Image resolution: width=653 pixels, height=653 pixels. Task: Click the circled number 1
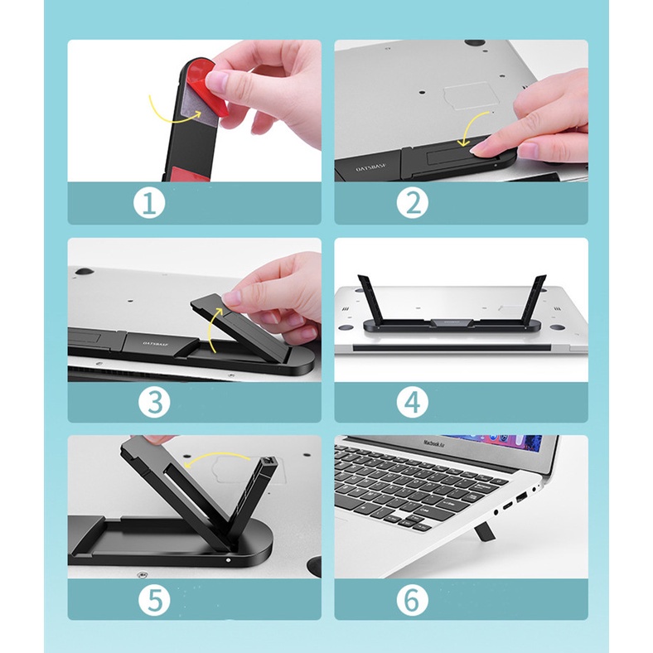pyautogui.click(x=149, y=203)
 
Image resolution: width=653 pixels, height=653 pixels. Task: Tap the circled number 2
pyautogui.click(x=412, y=203)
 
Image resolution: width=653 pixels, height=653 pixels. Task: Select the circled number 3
pyautogui.click(x=153, y=402)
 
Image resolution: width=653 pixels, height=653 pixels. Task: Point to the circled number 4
pyautogui.click(x=412, y=402)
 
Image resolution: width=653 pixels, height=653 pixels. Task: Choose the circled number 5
pyautogui.click(x=153, y=599)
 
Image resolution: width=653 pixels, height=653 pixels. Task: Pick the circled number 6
pyautogui.click(x=412, y=599)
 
